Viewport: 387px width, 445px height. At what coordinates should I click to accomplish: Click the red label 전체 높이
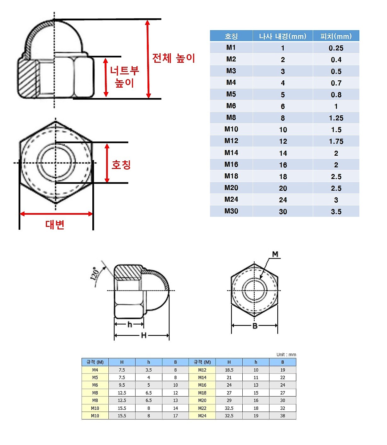(174, 58)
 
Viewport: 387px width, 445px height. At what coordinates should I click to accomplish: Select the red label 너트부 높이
(124, 77)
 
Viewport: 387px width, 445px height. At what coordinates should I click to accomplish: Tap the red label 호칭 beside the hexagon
(121, 165)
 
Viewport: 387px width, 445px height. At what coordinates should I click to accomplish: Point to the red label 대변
(55, 224)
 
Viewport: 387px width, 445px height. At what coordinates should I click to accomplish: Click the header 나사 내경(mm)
(283, 36)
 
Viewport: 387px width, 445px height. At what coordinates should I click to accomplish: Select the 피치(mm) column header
(336, 36)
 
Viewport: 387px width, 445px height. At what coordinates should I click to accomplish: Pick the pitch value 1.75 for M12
(336, 141)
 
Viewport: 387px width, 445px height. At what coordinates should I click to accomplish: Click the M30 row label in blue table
(231, 211)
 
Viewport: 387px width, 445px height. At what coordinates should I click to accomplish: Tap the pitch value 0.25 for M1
(336, 48)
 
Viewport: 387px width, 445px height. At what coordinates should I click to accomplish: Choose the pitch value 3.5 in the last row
(336, 211)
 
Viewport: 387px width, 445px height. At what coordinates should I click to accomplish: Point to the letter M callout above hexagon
(275, 254)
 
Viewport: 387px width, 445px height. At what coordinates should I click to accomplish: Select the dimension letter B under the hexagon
(255, 326)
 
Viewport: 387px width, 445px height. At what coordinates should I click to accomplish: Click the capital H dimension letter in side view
(144, 335)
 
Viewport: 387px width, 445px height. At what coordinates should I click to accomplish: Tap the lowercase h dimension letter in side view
(130, 324)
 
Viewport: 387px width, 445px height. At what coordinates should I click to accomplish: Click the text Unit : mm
(286, 355)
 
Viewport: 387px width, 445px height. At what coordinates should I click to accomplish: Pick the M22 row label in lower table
(202, 408)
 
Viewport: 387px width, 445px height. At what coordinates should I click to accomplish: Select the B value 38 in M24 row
(283, 416)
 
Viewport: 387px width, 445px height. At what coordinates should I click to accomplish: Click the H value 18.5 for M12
(229, 370)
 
